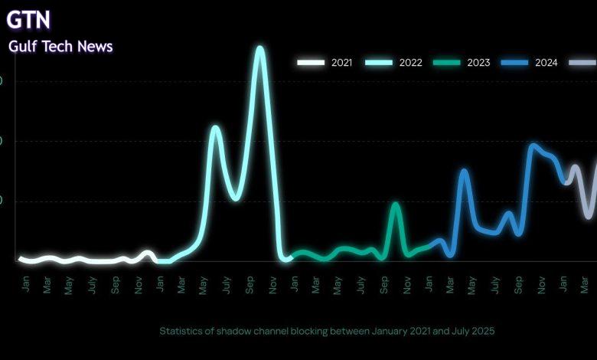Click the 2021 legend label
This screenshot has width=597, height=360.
(x=341, y=63)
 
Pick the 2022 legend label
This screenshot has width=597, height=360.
(x=410, y=63)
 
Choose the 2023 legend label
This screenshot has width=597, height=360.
(x=478, y=63)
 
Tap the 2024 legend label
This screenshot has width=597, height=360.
(x=546, y=63)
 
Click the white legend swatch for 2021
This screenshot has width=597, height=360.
(x=311, y=63)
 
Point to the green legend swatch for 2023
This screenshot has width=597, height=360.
(x=447, y=63)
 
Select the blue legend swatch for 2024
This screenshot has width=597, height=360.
(x=515, y=63)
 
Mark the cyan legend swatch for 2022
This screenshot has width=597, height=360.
(x=379, y=63)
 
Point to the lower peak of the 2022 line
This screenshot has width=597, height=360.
(x=215, y=127)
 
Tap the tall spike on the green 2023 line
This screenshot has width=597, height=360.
(x=395, y=204)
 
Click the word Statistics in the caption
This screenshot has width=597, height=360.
(x=182, y=331)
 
